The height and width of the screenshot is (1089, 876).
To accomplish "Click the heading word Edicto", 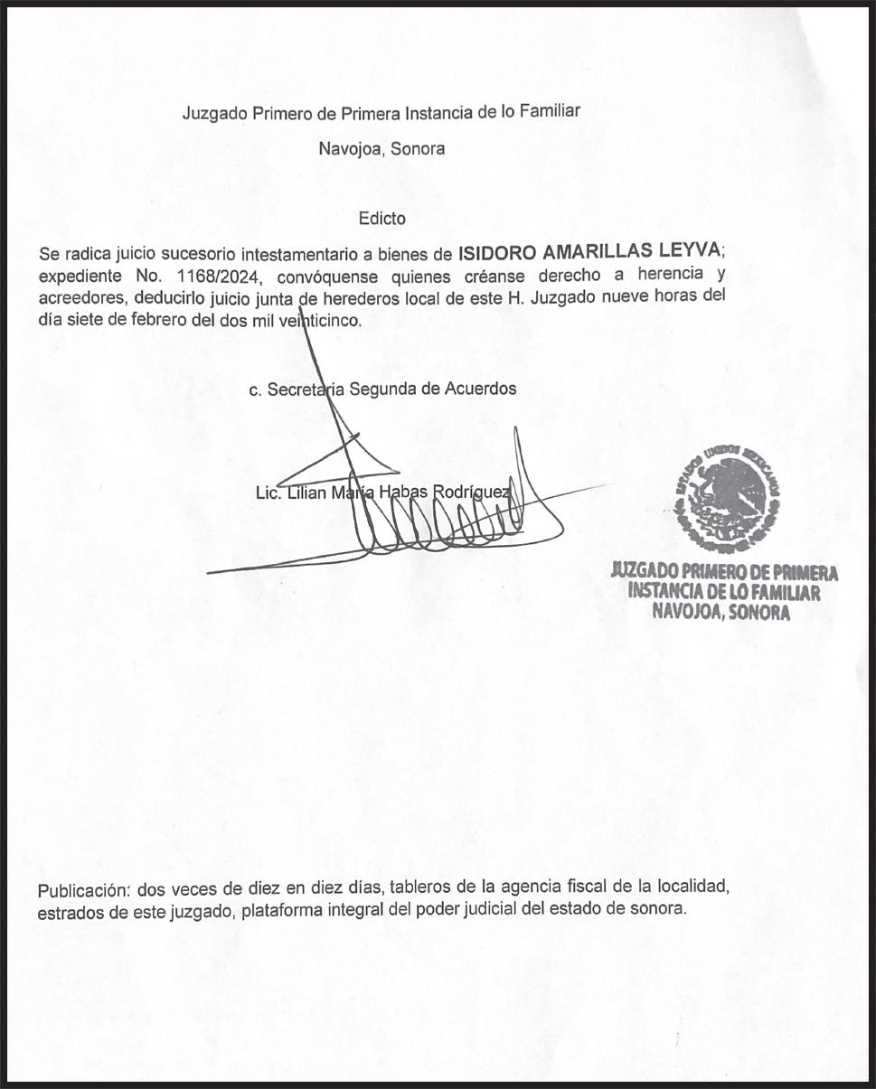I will coord(381,218).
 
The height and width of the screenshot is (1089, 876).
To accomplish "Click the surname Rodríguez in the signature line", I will coord(475,493).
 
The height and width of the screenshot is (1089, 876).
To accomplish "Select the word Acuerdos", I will coord(479,389).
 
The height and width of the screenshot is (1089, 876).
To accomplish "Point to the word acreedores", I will coord(80,298).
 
